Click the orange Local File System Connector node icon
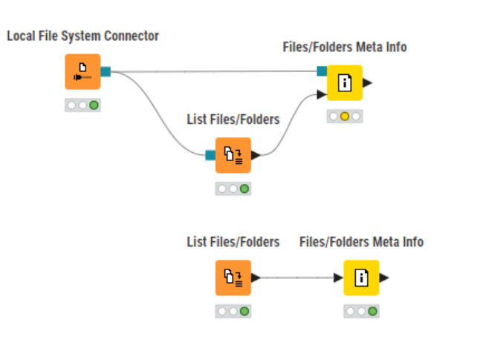coord(82,72)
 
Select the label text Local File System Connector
coord(82,36)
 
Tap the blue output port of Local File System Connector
coord(106,72)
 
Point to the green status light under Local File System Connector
coord(94,105)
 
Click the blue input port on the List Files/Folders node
coord(210,155)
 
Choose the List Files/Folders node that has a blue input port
coord(233,155)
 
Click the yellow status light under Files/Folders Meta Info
coord(345,117)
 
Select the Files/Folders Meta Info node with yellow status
coord(345,83)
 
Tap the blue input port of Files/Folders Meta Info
coord(322,71)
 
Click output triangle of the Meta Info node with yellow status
coord(368,83)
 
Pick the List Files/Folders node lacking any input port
coord(233,278)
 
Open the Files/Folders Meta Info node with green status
coord(362,278)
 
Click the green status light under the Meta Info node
coord(372,311)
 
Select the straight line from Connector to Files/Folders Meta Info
coord(215,72)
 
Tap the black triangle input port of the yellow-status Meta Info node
coord(321,94)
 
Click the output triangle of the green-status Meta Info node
coord(384,278)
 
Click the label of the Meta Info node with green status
coord(361,242)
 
